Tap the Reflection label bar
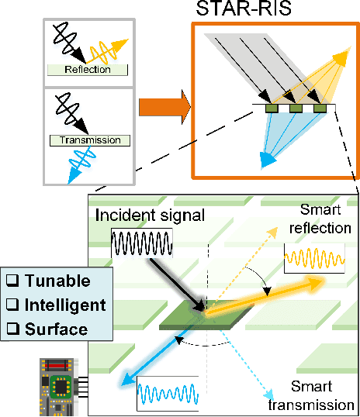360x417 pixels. tap(87, 70)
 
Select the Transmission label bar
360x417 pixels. tap(87, 140)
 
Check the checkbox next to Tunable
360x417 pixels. tap(12, 280)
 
